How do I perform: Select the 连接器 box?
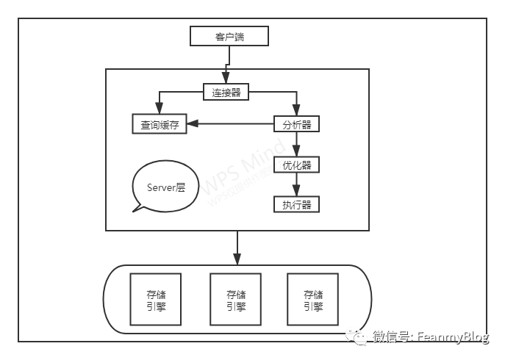pos(226,92)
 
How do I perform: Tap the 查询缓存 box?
pos(159,125)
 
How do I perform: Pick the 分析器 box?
pos(297,125)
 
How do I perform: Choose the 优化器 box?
pos(297,165)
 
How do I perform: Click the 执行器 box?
pos(297,204)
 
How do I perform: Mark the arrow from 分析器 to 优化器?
pos(297,145)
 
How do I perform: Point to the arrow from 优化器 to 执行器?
pos(297,184)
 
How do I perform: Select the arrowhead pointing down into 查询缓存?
pos(159,109)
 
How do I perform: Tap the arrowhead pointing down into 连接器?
pos(226,81)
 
